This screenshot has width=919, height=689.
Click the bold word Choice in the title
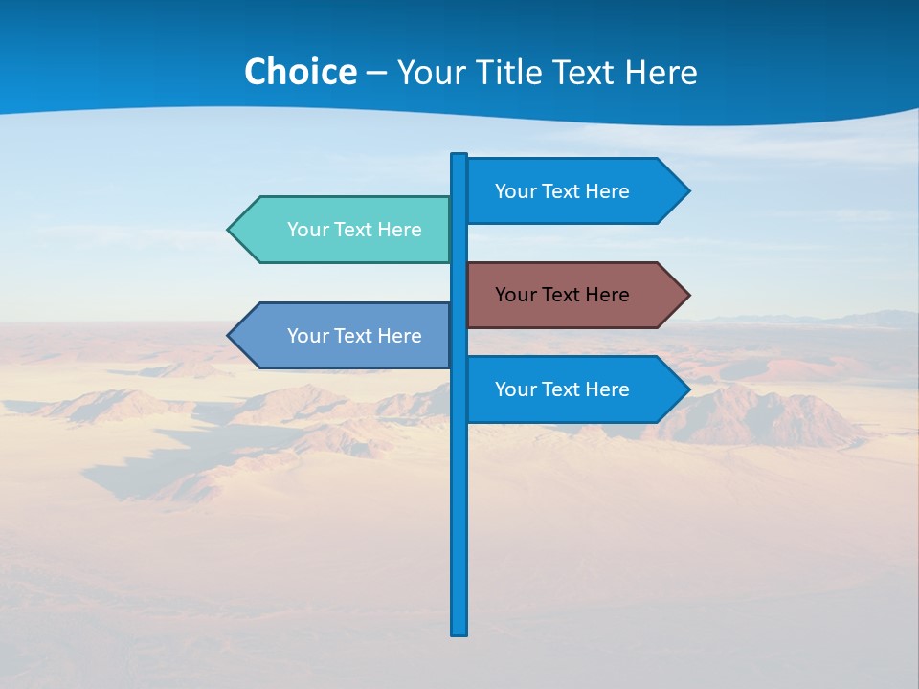pyautogui.click(x=300, y=73)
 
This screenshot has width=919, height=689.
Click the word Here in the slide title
pyautogui.click(x=661, y=73)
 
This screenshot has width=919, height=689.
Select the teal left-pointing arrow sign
pyautogui.click(x=345, y=230)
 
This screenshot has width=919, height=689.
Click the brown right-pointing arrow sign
pyautogui.click(x=574, y=295)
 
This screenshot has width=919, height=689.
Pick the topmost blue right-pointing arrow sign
pyautogui.click(x=574, y=191)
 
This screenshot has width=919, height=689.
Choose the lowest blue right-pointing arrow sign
pyautogui.click(x=574, y=389)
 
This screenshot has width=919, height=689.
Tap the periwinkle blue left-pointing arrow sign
pyautogui.click(x=345, y=336)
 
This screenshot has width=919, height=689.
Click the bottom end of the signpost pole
pyautogui.click(x=459, y=632)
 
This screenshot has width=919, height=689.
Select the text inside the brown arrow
pyautogui.click(x=562, y=295)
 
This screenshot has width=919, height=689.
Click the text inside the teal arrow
pyautogui.click(x=354, y=230)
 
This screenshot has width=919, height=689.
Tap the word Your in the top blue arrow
pyautogui.click(x=515, y=191)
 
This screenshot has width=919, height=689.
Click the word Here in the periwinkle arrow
pyautogui.click(x=400, y=336)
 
